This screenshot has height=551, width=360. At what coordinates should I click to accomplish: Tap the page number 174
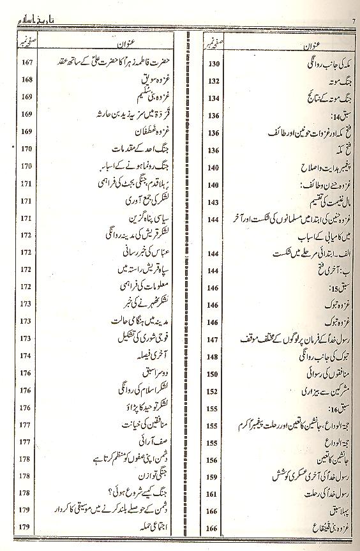[26, 354]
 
